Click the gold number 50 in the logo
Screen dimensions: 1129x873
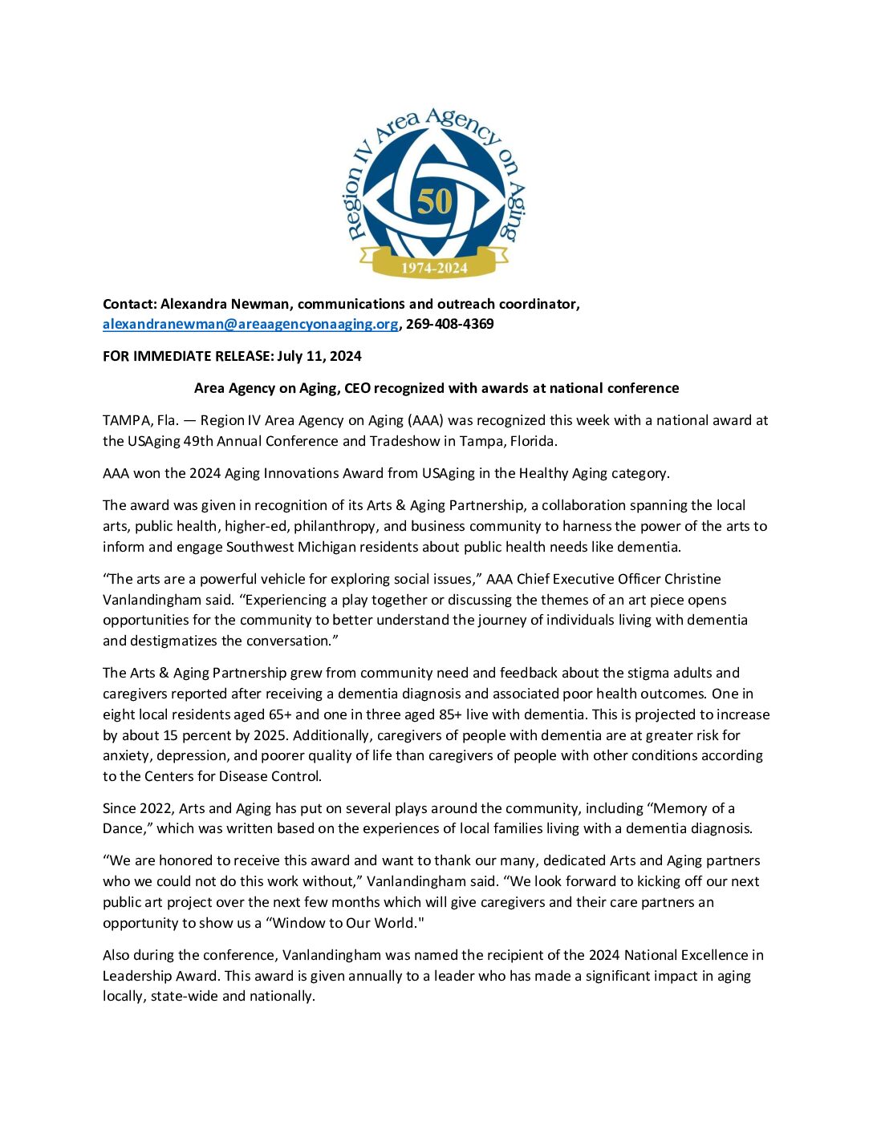435,202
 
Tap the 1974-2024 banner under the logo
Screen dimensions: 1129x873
434,268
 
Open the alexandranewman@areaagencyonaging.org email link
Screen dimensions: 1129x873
250,324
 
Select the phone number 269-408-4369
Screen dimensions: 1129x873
449,324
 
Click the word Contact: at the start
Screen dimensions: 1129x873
130,304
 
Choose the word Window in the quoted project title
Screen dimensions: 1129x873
300,923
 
